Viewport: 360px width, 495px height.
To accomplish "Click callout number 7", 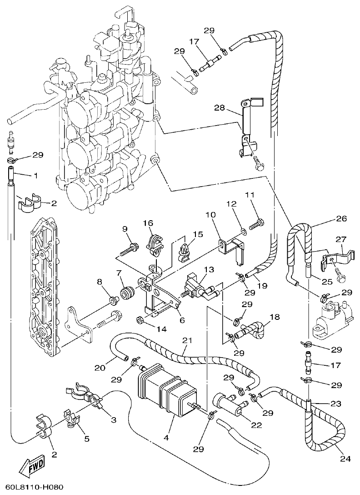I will click(119, 273).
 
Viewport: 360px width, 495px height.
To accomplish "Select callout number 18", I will click(274, 317).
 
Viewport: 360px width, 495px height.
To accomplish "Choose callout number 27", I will click(340, 240).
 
